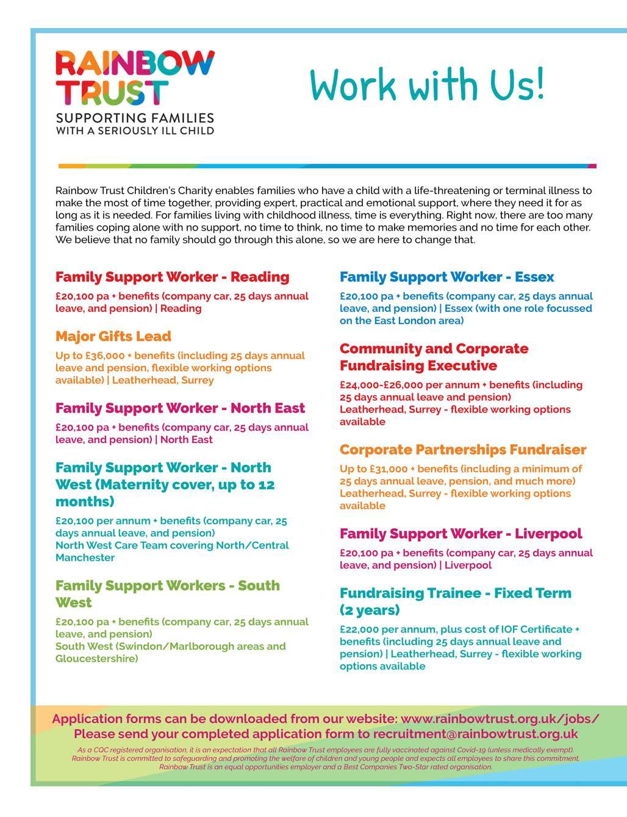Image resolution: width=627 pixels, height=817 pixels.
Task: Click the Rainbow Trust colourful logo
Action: [x=135, y=77]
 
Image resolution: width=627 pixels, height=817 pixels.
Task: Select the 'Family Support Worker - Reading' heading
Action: [x=172, y=277]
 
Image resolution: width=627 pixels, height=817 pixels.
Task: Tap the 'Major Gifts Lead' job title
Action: [x=113, y=336]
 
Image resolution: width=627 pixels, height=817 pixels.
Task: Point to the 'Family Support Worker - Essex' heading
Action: [x=446, y=277]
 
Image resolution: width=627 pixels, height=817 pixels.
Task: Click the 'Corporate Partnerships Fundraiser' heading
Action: [x=463, y=450]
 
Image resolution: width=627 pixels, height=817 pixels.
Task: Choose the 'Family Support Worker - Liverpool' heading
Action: [x=460, y=534]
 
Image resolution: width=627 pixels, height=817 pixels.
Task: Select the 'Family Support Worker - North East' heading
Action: [x=180, y=408]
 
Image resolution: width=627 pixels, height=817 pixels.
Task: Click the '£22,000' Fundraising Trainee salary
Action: [x=364, y=630]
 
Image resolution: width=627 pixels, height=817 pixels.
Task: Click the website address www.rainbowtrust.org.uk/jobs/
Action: [x=500, y=719]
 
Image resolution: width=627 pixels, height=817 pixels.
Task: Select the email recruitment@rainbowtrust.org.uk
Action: [x=475, y=733]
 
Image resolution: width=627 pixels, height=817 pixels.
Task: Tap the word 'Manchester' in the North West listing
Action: [x=85, y=558]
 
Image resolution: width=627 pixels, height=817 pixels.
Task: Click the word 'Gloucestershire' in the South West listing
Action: [x=96, y=659]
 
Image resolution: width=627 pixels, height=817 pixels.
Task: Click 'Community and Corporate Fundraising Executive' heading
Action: [x=434, y=357]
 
